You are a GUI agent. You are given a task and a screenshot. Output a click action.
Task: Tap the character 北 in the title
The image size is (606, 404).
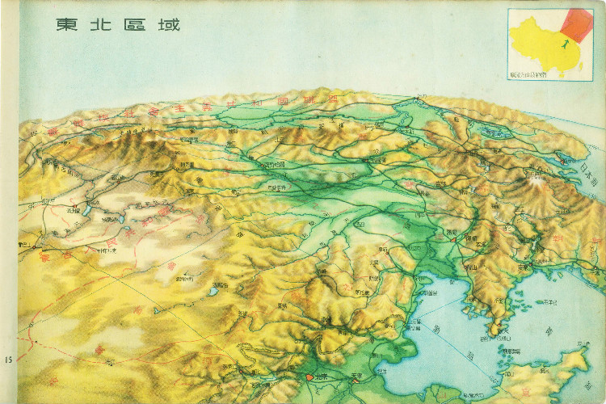tap(102, 24)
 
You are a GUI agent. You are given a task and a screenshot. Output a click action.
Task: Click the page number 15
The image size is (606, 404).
tap(8, 358)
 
